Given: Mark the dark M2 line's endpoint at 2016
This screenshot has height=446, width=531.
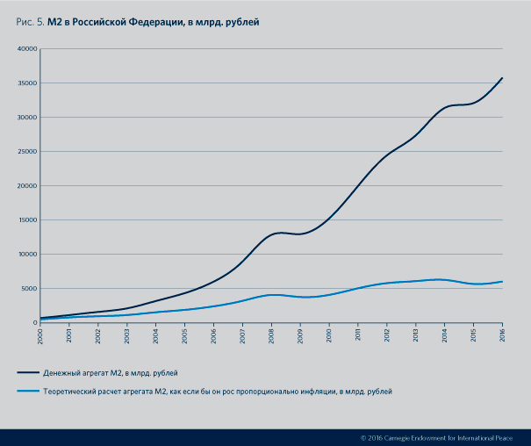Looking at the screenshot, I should pyautogui.click(x=502, y=78).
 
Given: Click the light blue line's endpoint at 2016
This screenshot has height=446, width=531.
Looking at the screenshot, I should pyautogui.click(x=502, y=282).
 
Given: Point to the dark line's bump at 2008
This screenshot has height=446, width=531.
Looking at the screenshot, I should pyautogui.click(x=276, y=233).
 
